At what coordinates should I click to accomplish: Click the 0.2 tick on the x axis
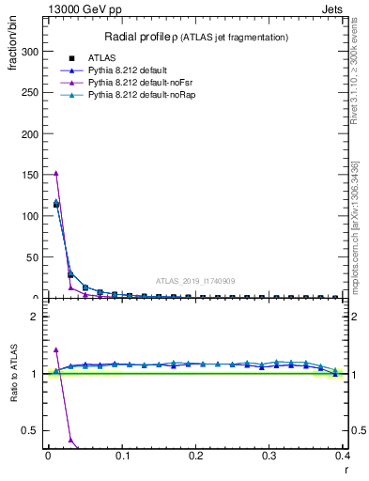(196, 458)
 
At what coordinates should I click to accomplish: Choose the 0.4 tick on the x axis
(344, 458)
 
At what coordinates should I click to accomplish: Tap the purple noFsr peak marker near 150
(55, 173)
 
